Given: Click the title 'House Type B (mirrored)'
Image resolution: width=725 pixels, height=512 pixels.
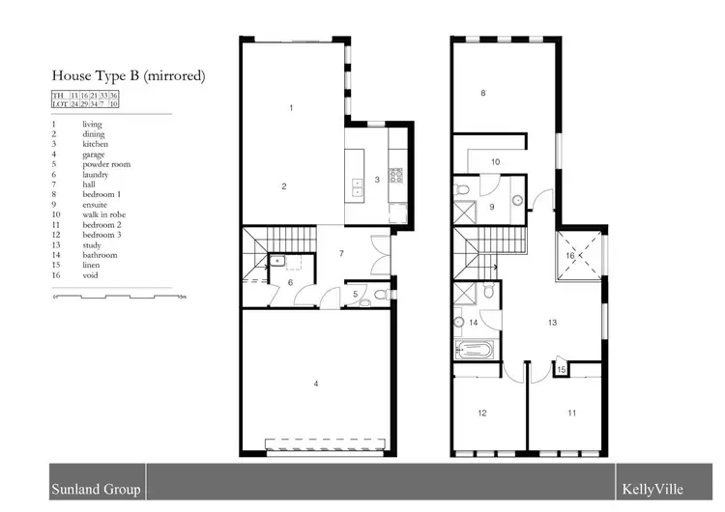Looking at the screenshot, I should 129,74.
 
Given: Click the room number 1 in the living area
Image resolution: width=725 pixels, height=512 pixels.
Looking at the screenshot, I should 291,107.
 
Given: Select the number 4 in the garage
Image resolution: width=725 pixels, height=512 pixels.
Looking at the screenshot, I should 315,384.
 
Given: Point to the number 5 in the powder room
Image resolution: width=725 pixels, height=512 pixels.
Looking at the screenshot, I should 355,294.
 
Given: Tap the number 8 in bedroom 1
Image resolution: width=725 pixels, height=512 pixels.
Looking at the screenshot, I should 483,93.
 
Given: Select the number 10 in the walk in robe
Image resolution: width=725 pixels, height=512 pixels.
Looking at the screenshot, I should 494,162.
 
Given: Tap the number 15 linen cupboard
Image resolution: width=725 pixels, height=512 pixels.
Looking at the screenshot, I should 562,369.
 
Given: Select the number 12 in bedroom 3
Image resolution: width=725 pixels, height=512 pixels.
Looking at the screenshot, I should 481,413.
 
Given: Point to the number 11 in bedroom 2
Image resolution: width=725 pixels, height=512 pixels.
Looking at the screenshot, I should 571,413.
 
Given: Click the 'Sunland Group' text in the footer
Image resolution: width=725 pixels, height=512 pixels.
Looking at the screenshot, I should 96,490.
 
